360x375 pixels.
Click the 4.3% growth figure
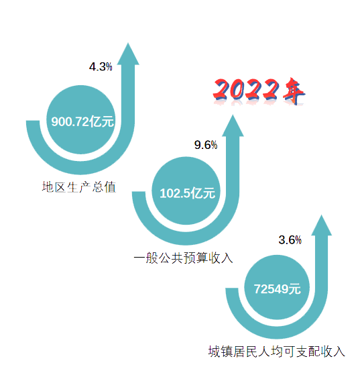click(101, 66)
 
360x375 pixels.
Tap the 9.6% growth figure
click(206, 145)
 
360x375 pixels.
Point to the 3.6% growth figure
click(290, 240)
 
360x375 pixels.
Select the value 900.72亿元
click(82, 121)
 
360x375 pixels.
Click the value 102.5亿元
click(188, 193)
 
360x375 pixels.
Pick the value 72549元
click(278, 289)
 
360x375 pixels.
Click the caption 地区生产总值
click(79, 187)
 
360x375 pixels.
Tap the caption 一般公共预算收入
click(183, 258)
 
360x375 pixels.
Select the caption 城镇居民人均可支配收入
click(277, 352)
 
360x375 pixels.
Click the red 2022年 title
click(259, 91)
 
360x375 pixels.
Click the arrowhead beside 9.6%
click(233, 125)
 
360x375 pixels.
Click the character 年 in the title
click(294, 91)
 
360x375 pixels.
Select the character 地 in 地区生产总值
click(48, 187)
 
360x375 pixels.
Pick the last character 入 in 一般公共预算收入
click(227, 258)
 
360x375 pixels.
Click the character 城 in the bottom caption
click(214, 352)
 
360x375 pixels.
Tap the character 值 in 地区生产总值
click(110, 187)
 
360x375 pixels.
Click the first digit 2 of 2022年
click(221, 90)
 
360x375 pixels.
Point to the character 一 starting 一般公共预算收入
click(139, 258)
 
